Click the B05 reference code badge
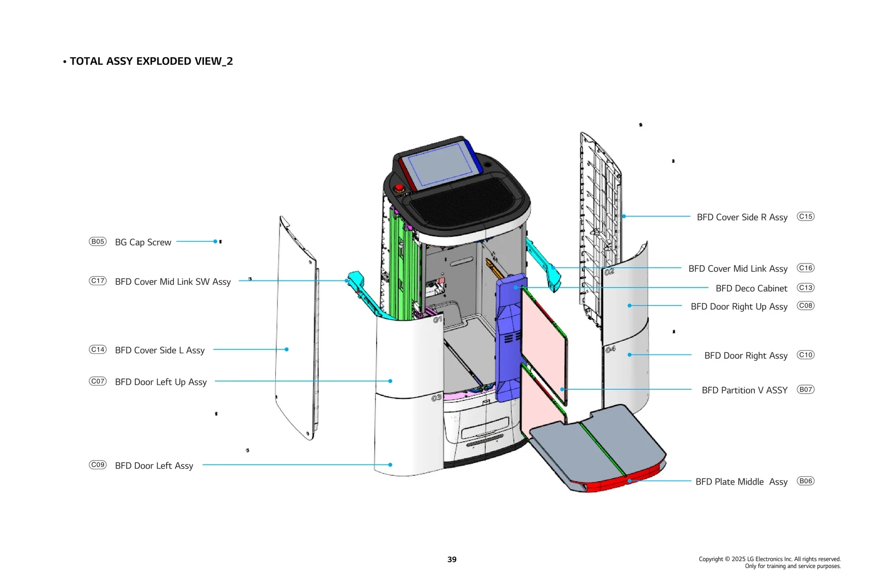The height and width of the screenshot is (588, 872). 98,242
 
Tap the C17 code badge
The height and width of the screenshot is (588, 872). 98,281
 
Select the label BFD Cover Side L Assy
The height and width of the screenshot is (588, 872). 160,350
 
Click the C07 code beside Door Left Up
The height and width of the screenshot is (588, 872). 98,382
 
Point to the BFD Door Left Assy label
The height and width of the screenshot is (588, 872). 154,465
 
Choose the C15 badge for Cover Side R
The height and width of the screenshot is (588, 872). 806,217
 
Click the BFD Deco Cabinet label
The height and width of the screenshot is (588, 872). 751,288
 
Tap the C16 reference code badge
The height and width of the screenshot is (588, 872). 806,268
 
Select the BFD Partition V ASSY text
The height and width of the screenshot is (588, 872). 744,390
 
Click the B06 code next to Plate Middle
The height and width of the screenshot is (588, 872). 806,481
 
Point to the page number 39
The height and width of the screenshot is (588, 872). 452,559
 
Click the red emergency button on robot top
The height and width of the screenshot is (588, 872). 399,188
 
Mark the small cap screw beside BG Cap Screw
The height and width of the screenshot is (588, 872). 220,242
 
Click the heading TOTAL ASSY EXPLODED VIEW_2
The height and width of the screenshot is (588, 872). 151,62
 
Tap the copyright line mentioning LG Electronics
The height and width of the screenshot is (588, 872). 770,559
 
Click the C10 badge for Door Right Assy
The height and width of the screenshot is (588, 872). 806,355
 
